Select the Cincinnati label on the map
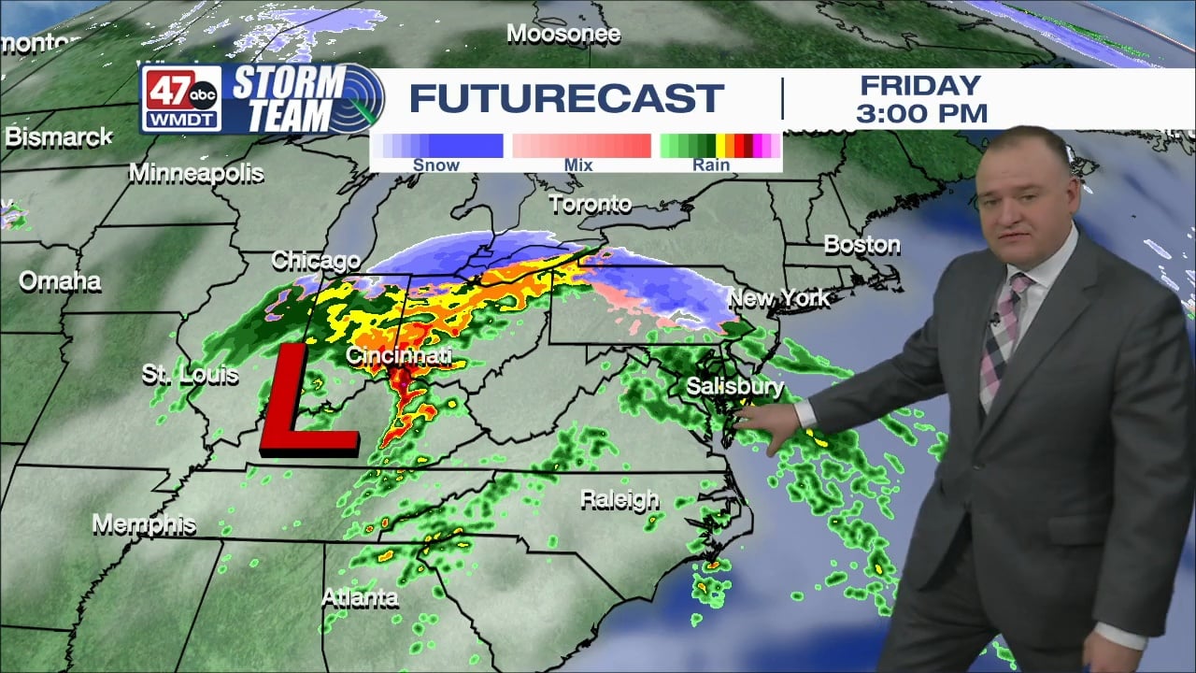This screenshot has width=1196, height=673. pos(399,356)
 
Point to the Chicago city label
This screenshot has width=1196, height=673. pos(316,261)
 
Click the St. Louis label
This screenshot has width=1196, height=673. pos(190,375)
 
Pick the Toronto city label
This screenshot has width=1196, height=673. pos(590,203)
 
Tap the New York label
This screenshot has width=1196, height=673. pos(778,298)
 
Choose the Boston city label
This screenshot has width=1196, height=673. pos(861,245)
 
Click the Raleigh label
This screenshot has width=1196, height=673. pos(619,500)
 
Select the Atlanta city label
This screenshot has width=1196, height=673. pos(360,597)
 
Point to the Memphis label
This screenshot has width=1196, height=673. pos(144,524)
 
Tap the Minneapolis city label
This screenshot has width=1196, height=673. pos(196,173)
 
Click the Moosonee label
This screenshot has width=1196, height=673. pos(563,35)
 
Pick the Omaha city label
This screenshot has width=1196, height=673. pos(60,280)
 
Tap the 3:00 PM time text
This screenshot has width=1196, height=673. pos(921,114)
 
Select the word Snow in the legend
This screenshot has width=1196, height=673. pos(436,165)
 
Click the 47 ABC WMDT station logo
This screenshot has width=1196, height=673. pos(181,98)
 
